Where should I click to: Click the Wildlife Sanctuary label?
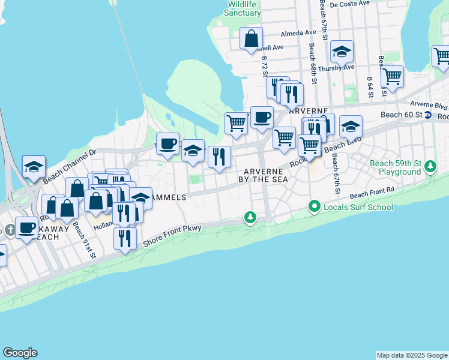pos(241,8)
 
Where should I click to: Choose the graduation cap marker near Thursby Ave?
pos(342,53)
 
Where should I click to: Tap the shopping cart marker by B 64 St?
pos(392,77)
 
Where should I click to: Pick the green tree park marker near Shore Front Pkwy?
pos(250,217)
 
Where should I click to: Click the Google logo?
pos(20,353)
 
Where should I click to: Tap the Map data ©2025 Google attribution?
pos(412,355)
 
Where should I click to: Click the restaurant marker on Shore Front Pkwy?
pos(125,239)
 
